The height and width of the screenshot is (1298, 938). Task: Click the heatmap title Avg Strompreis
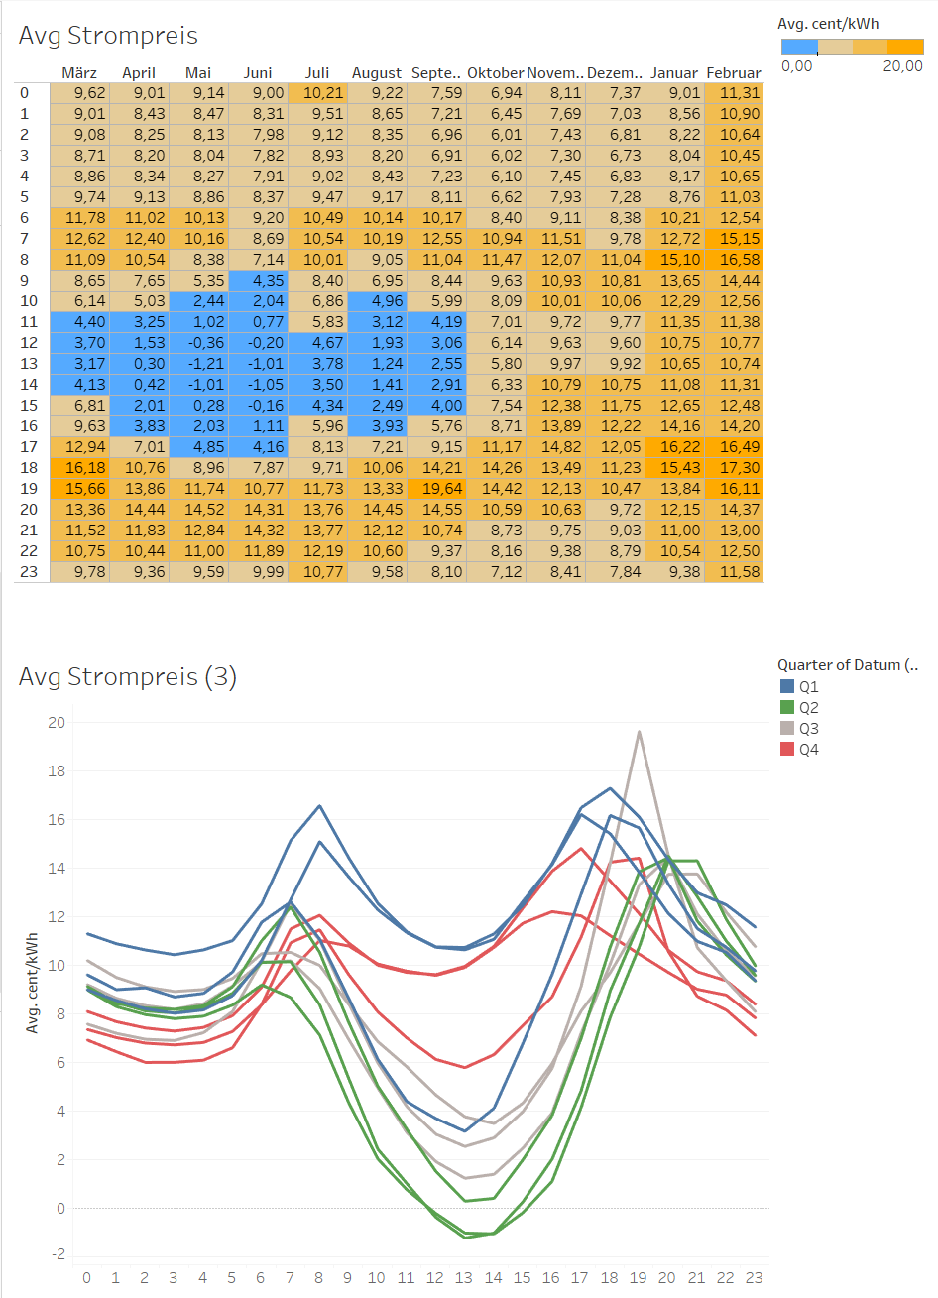pos(108,36)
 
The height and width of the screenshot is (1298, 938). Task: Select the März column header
pos(79,73)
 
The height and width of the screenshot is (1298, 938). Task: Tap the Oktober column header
pos(495,73)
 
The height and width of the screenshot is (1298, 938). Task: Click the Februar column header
pos(734,73)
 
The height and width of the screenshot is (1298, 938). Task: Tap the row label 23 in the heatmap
pos(29,572)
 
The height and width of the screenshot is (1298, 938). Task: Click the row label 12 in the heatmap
pos(29,343)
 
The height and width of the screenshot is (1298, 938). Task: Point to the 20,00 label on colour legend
pos(902,66)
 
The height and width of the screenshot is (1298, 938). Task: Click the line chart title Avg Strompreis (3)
pos(128,677)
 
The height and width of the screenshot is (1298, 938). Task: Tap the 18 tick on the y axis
pos(57,771)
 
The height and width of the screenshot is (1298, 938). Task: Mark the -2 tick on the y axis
pos(58,1254)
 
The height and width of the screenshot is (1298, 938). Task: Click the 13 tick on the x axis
pos(464,1278)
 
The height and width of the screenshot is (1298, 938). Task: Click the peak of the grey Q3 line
pos(640,732)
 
